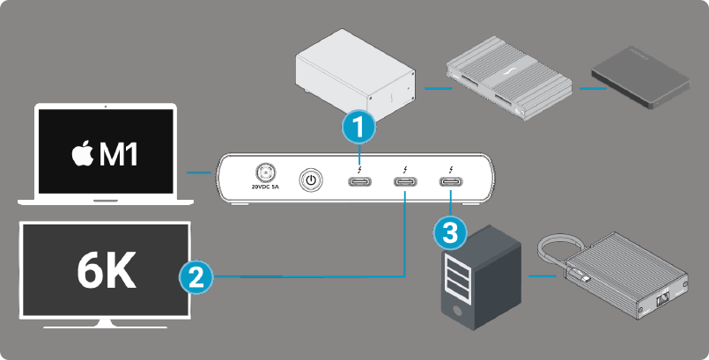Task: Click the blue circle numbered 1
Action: coord(358,129)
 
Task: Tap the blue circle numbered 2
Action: coord(195,277)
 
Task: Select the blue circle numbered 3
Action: coord(450,233)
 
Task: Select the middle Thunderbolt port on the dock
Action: coord(405,183)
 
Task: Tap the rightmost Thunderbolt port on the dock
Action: coord(450,183)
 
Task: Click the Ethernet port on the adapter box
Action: coord(663,302)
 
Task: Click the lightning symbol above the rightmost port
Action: coord(450,169)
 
